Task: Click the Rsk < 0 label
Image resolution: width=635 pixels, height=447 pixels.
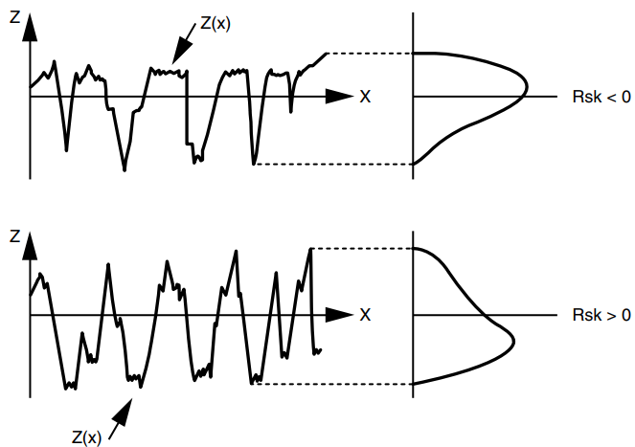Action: point(601,97)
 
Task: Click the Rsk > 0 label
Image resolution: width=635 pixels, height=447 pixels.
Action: point(601,315)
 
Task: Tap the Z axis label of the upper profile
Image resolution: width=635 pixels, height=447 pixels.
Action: point(14,17)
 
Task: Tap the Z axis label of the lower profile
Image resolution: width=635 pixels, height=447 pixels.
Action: point(14,236)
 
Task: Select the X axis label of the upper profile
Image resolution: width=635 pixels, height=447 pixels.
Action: point(365,97)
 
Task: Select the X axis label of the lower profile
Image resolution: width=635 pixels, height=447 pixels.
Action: point(365,315)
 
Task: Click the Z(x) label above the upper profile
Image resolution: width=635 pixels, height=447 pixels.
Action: point(215,24)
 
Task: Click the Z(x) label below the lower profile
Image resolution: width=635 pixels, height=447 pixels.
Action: point(86,437)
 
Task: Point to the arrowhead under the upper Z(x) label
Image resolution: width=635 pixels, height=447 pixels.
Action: point(181,51)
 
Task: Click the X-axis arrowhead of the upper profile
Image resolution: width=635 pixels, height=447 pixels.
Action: point(339,97)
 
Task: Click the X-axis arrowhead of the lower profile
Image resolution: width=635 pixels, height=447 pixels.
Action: point(339,315)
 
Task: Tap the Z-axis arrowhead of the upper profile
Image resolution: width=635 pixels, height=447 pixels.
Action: point(30,27)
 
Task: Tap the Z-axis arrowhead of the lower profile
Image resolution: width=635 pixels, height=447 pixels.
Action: point(30,246)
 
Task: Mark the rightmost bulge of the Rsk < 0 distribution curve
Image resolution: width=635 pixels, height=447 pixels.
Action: point(527,86)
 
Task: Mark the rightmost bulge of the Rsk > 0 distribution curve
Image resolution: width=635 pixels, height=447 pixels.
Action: point(513,342)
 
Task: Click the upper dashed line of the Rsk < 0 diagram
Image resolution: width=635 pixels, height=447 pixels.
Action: point(370,53)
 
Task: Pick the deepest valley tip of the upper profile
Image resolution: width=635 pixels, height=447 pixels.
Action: point(125,170)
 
